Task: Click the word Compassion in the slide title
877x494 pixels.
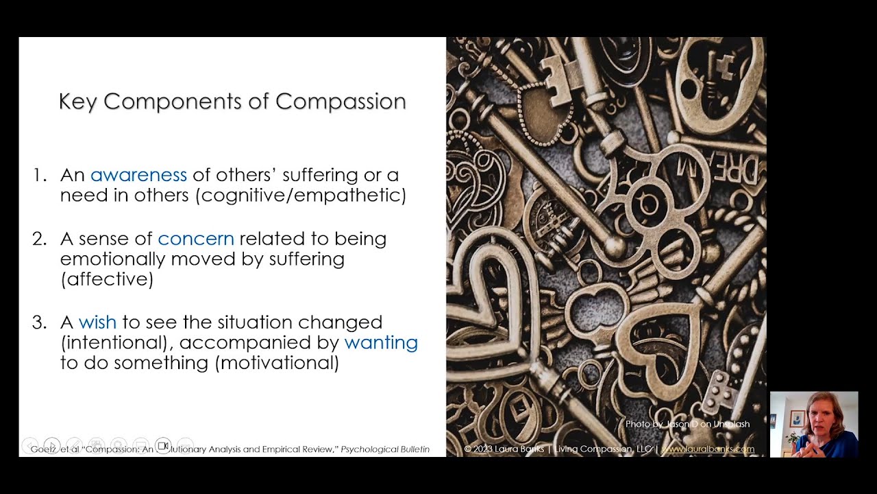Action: [341, 102]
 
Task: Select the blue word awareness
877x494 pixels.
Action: [138, 175]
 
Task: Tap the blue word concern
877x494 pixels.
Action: [196, 239]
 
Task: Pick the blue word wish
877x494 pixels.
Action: [97, 322]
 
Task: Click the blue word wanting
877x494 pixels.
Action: [381, 342]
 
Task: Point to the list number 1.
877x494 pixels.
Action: [38, 175]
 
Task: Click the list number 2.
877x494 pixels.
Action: [39, 239]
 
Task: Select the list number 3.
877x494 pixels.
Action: [39, 322]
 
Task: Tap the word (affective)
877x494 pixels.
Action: [106, 279]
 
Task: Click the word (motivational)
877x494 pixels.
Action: [277, 362]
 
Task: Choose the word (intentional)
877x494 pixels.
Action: [116, 342]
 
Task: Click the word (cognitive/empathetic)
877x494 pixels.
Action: [301, 196]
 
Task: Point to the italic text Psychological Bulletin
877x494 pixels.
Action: [385, 449]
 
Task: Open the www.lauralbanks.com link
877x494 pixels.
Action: [708, 449]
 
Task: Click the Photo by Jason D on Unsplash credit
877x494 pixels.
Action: [687, 424]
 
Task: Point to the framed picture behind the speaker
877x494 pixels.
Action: [797, 419]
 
